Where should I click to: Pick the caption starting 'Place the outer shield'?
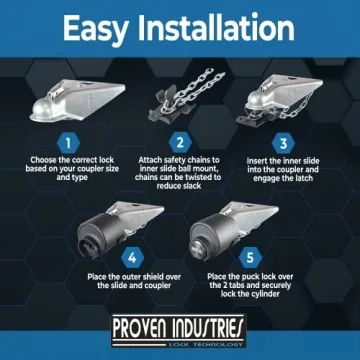(120, 279)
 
